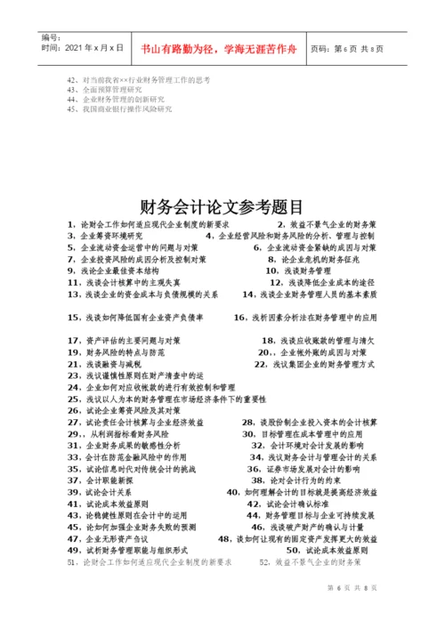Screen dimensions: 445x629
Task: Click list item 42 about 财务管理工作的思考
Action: tap(138, 79)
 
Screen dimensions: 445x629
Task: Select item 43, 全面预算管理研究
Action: tap(104, 89)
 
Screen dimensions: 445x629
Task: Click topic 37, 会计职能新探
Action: tap(98, 480)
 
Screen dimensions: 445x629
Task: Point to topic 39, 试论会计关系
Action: tap(98, 491)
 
